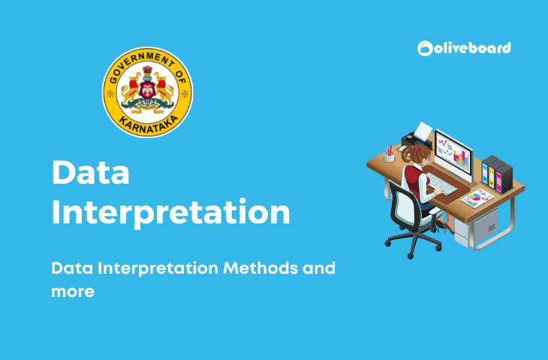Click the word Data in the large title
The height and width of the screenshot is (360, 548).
point(90,174)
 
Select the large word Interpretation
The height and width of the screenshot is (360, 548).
point(170,212)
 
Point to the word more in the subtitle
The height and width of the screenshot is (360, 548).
point(73,292)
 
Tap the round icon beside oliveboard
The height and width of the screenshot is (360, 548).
point(426,49)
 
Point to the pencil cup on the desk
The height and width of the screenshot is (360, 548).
point(389,155)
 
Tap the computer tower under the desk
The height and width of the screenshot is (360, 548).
point(484,221)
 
